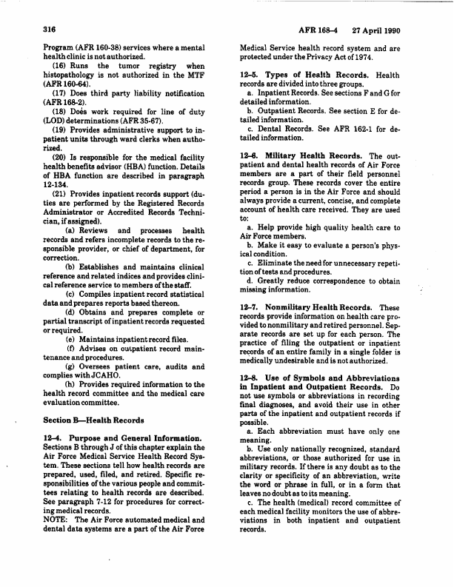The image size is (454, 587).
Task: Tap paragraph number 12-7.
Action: [251, 327]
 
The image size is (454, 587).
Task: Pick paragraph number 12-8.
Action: [251, 398]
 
